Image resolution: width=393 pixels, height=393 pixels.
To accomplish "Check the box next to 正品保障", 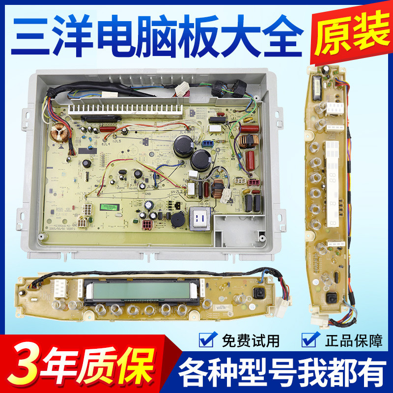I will [309, 339].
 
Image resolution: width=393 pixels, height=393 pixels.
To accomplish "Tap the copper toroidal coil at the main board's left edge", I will [59, 133].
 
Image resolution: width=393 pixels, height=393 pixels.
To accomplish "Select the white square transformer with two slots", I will [200, 217].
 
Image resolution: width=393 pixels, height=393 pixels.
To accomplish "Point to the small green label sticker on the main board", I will [109, 207].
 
